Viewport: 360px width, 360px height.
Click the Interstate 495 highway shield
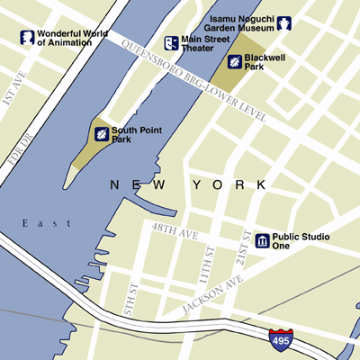(280, 339)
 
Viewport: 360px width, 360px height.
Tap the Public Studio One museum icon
(262, 240)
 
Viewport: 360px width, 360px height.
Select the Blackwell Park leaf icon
(235, 61)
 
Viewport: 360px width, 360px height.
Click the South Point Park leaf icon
(102, 135)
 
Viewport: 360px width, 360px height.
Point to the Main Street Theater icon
(170, 43)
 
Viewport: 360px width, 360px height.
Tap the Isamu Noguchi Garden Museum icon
(285, 23)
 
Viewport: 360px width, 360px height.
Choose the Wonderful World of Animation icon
(28, 38)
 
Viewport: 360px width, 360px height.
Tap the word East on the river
(40, 223)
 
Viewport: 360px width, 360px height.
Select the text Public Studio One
(296, 240)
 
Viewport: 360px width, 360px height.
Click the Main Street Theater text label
(203, 43)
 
